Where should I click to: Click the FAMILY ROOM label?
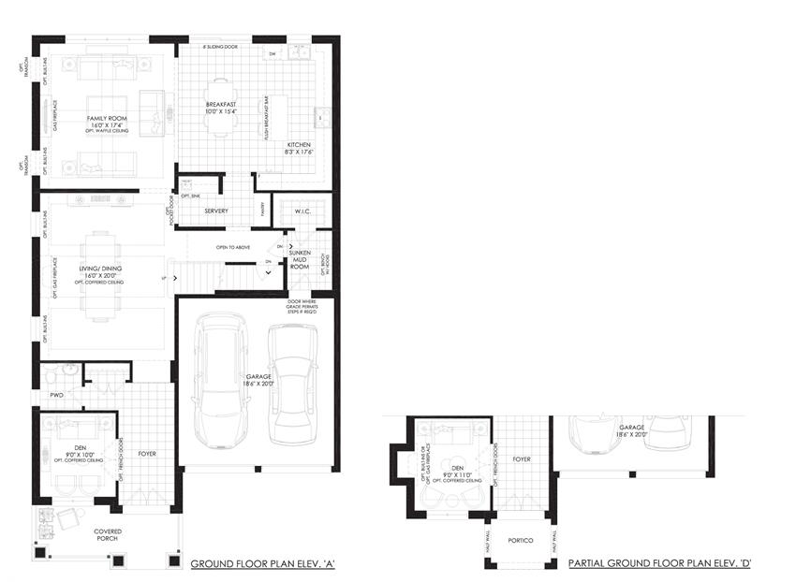click(106, 120)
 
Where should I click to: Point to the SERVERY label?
click(216, 211)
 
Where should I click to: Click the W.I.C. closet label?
click(302, 211)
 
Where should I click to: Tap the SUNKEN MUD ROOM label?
click(300, 259)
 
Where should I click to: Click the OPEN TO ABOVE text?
click(235, 247)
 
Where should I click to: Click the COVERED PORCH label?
click(108, 534)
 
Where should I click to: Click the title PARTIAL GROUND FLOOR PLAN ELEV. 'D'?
click(660, 564)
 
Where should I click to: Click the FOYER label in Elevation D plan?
click(522, 459)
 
